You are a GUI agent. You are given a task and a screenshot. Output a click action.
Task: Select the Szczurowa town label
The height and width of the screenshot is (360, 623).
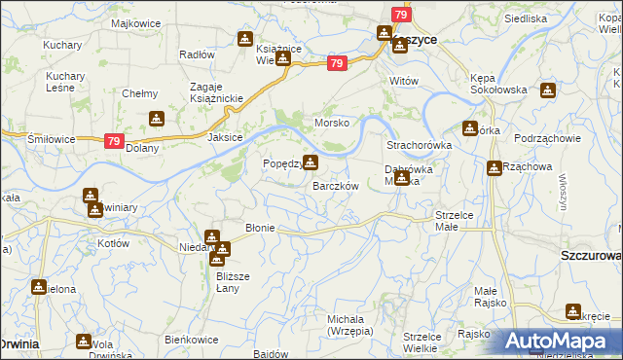(591, 255)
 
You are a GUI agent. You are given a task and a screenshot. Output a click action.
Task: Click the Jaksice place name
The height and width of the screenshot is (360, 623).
(224, 138)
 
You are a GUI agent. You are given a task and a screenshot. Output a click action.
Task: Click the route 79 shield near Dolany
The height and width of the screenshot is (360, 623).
(114, 141)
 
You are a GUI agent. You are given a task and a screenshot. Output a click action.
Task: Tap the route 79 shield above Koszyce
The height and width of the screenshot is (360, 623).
(401, 15)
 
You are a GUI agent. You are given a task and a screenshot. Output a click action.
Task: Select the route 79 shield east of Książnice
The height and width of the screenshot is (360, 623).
(336, 64)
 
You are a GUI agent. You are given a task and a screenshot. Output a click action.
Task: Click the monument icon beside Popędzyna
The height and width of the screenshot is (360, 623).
(310, 162)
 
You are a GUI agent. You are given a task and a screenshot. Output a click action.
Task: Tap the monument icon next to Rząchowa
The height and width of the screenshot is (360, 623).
(495, 167)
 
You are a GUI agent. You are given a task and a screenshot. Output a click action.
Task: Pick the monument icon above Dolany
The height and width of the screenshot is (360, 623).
(156, 119)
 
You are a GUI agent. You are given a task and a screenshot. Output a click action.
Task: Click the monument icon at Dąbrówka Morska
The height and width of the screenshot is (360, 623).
(401, 177)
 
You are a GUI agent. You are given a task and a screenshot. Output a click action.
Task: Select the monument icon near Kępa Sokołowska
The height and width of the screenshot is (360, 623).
(547, 90)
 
